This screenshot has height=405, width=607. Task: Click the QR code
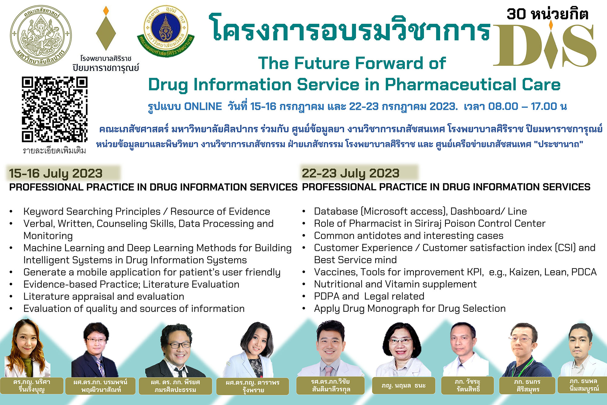tap(55, 109)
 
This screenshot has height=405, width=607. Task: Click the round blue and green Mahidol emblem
tap(166, 30)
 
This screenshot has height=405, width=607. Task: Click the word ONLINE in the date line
tap(203, 107)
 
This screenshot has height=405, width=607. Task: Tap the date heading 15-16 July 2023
tap(56, 173)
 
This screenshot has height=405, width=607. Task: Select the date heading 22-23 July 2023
tap(351, 173)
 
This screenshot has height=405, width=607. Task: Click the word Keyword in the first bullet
tap(44, 212)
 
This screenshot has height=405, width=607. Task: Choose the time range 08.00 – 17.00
tap(523, 107)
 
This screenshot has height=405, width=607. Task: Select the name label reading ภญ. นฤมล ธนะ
tap(404, 386)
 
